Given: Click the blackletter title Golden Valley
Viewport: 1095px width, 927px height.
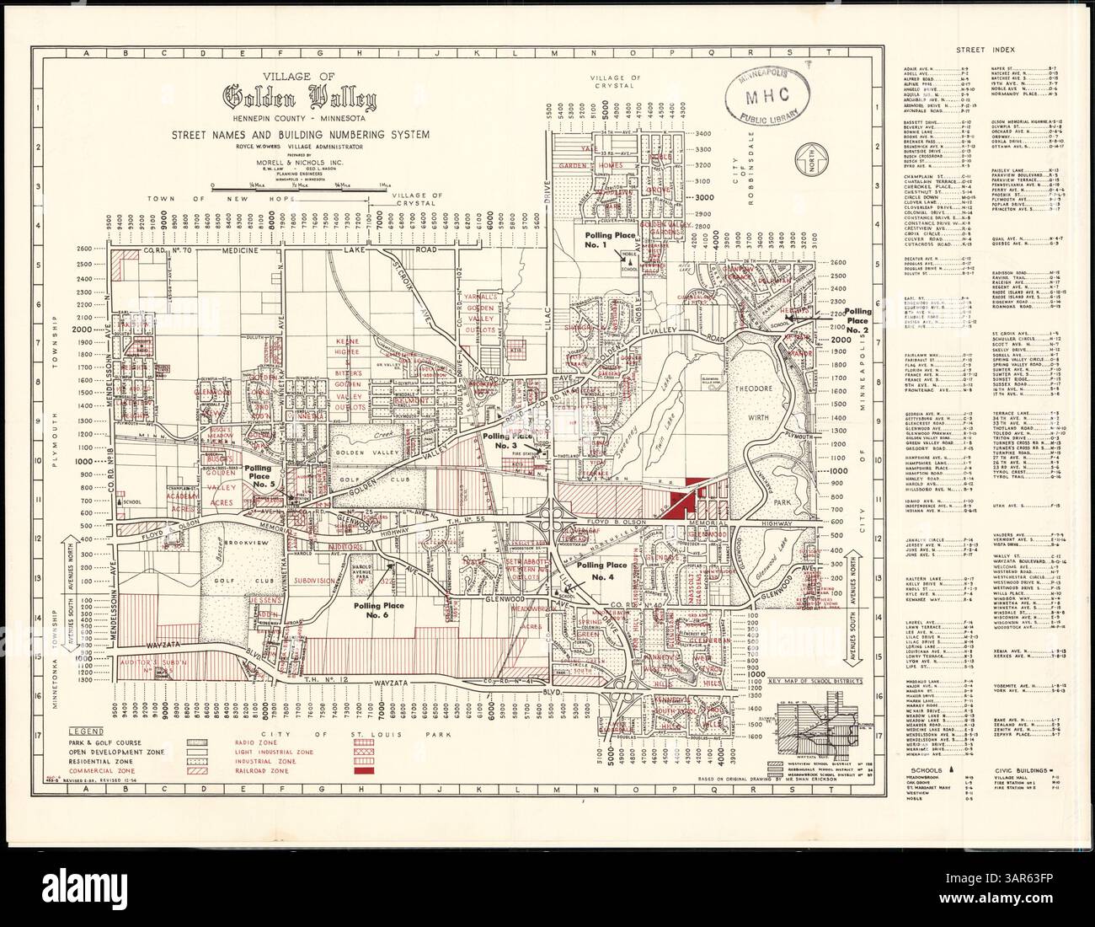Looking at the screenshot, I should pos(300,98).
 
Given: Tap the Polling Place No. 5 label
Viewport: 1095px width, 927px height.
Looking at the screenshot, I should pos(258,476).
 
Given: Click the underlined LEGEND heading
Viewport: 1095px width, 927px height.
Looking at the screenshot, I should pos(86,729).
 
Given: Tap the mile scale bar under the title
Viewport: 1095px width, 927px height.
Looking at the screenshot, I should pos(299,183).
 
